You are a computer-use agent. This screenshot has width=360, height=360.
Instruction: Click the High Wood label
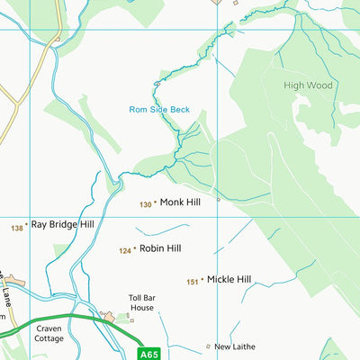309,85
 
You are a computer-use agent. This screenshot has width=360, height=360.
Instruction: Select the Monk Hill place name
180,202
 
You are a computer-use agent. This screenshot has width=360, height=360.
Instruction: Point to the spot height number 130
145,205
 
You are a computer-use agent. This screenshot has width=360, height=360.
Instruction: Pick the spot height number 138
16,229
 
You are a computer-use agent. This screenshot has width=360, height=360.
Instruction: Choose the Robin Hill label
160,247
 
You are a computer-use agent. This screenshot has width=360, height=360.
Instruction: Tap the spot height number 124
125,251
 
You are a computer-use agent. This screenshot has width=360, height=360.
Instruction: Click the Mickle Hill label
229,279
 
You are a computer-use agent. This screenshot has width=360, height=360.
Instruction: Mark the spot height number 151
192,283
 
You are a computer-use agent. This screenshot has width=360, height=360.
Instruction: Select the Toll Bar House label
141,301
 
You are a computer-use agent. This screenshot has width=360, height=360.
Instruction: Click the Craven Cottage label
49,334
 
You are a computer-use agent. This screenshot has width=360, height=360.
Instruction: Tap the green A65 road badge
149,355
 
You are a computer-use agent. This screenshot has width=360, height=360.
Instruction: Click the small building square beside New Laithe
208,346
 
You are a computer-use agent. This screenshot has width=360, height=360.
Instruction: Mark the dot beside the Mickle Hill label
202,280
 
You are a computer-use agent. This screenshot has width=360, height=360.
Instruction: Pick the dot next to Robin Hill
134,248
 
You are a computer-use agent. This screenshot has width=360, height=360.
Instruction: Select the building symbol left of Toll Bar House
109,316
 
